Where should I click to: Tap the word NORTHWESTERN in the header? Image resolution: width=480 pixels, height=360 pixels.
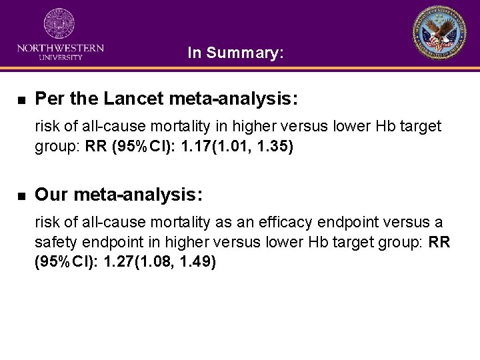tap(60, 48)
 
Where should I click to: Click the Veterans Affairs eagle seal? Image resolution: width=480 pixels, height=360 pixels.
tap(439, 33)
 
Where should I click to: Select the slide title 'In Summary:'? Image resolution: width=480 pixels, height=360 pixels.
tap(236, 53)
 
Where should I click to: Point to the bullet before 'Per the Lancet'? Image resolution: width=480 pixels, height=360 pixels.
tap(21, 101)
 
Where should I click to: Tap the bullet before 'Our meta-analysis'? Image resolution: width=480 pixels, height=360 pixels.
tap(21, 196)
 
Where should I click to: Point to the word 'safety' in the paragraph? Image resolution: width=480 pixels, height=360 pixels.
tap(56, 242)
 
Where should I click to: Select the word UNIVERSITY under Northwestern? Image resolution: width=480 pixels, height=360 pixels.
tap(60, 57)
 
